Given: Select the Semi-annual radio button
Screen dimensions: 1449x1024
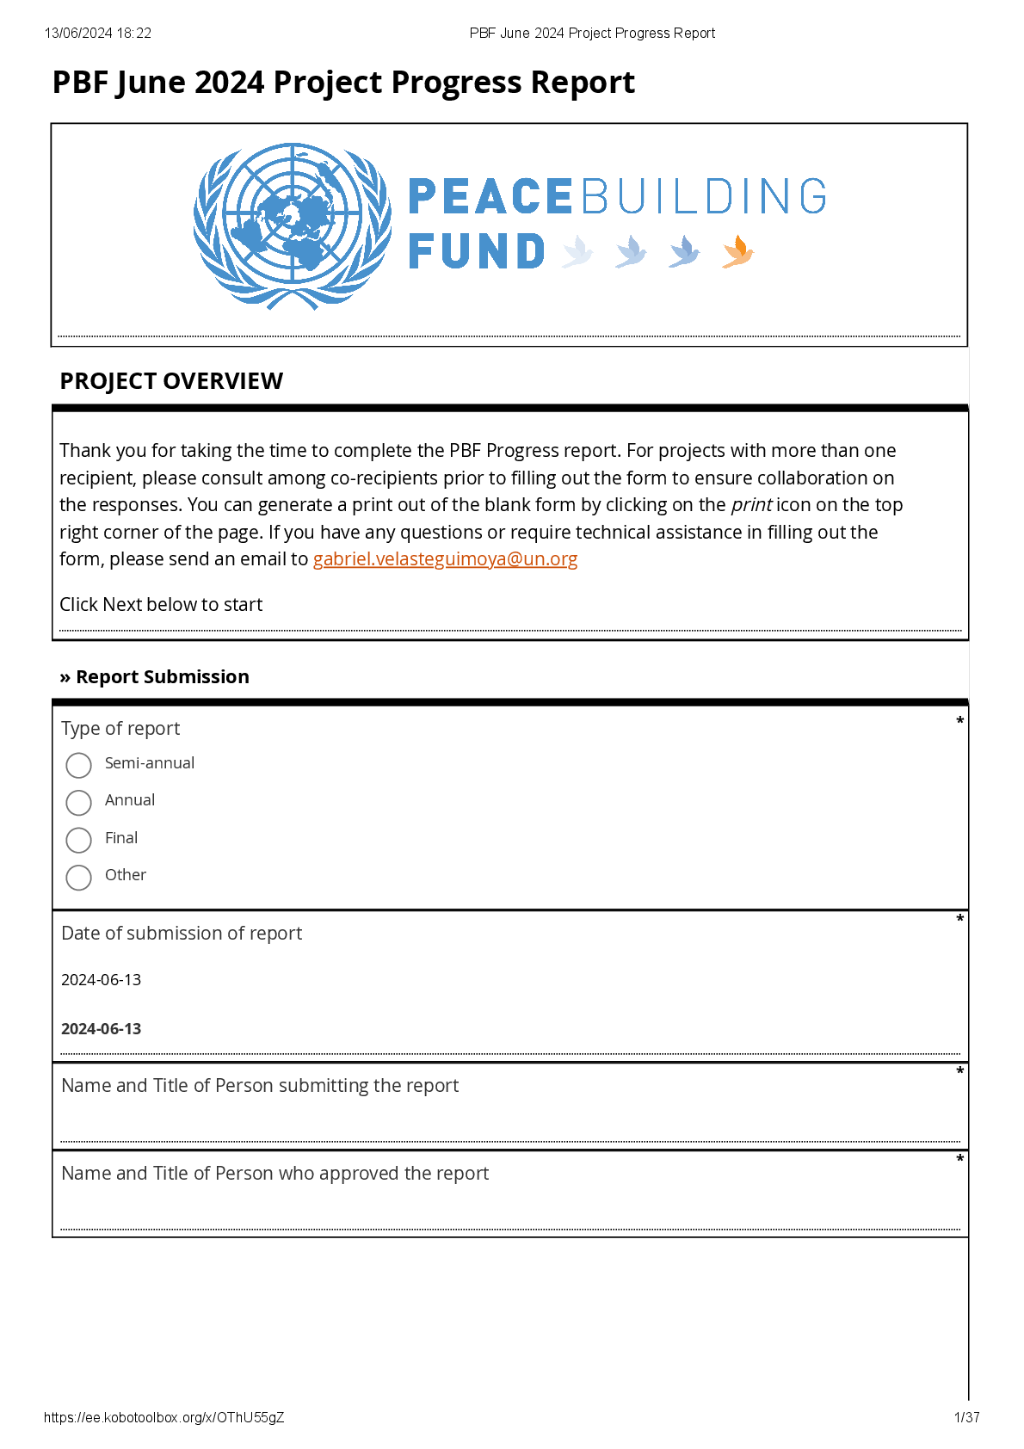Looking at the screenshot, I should coord(78,765).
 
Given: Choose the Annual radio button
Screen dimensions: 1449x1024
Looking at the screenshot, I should coord(78,802).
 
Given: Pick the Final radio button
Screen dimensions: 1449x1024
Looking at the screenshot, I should coord(78,840).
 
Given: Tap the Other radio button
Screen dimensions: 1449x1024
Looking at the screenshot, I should coord(78,877).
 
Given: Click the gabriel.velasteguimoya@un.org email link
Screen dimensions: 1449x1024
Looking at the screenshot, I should coord(445,559).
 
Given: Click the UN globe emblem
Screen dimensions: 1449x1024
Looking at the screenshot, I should coord(293,225).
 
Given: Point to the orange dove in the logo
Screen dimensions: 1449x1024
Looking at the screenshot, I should coord(738,251).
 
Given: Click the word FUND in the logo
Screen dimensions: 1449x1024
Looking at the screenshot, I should coord(477,251).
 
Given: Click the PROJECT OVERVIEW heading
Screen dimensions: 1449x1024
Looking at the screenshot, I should coord(171,381).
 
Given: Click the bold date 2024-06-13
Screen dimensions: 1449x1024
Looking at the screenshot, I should coord(102,1029).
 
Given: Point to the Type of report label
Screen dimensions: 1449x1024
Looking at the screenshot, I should coord(120,729).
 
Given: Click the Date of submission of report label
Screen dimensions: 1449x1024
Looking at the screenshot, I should coord(182,934).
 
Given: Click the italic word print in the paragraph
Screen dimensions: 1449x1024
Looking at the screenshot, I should coord(751,505).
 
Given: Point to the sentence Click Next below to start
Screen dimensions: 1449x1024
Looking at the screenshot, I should coord(161,605).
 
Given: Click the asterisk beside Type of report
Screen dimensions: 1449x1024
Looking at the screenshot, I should coord(959,721).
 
